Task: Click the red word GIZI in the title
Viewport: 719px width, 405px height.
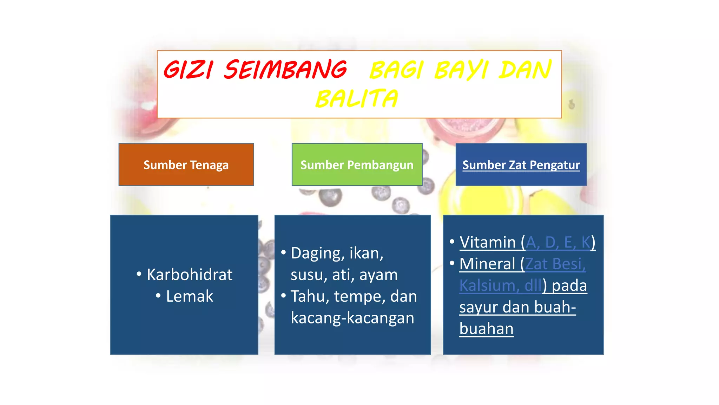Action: coord(188,70)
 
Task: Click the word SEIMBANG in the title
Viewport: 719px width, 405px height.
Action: coord(285,70)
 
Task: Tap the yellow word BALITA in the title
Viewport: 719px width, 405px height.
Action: coord(357,99)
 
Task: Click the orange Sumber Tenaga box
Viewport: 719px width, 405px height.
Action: coord(186,165)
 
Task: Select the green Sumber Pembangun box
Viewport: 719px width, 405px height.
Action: coord(357,165)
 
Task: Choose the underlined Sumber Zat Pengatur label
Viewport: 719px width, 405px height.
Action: coord(521,165)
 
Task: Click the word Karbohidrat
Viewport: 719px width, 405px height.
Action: coord(190,275)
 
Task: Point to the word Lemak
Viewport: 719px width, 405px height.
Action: coord(190,296)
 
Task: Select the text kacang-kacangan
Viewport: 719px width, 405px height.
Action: coord(352,318)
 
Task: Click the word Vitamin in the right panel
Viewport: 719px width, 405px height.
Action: coord(488,242)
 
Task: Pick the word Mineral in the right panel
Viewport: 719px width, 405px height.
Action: coord(487,264)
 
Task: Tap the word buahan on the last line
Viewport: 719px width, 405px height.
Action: coord(486,329)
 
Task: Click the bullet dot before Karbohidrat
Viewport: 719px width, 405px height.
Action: coord(139,274)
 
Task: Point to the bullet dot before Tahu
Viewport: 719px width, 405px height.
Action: coord(283,296)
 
